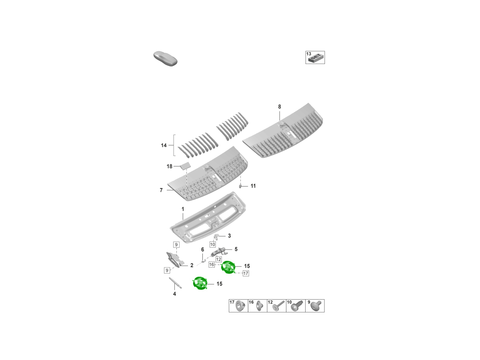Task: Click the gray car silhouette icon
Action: (165, 58)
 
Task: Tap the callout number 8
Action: (280, 107)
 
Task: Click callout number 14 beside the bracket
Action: (164, 145)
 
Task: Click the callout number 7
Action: (161, 190)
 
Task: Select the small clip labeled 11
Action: (240, 186)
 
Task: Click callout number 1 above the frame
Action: (183, 209)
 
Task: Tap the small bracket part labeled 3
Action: (217, 236)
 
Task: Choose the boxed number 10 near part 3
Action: (212, 244)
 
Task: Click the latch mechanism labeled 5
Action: (220, 251)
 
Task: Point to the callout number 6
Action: (202, 250)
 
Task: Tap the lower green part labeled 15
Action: (200, 283)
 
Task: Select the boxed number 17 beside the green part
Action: (246, 273)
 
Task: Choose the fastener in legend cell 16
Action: (259, 306)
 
